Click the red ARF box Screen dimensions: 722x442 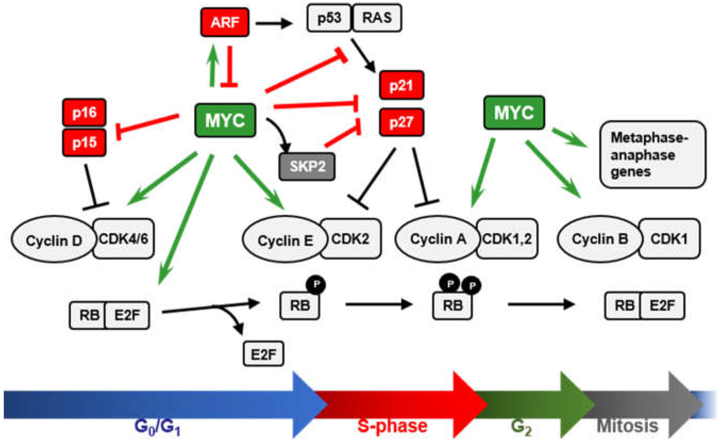pyautogui.click(x=225, y=22)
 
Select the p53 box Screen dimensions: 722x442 pyautogui.click(x=329, y=18)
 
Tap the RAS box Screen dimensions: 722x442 pyautogui.click(x=377, y=18)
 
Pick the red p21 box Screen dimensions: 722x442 pyautogui.click(x=402, y=85)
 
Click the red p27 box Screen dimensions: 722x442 pyautogui.click(x=402, y=122)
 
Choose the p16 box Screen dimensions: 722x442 pyautogui.click(x=85, y=112)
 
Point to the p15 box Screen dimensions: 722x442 pyautogui.click(x=85, y=142)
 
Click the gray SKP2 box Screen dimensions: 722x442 pyautogui.click(x=307, y=166)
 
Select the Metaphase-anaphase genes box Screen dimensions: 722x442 pyautogui.click(x=653, y=154)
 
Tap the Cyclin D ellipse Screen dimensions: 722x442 pyautogui.click(x=54, y=239)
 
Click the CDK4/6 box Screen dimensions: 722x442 pyautogui.click(x=124, y=239)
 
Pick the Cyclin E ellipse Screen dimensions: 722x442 pyautogui.click(x=285, y=239)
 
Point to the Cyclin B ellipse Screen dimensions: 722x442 pyautogui.click(x=599, y=239)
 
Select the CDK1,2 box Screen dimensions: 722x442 pyautogui.click(x=507, y=239)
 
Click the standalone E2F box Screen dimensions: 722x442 pyautogui.click(x=263, y=354)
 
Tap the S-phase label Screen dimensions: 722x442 pyautogui.click(x=392, y=426)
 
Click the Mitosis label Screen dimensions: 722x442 pyautogui.click(x=628, y=426)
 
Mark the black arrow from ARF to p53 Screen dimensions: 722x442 pyautogui.click(x=274, y=23)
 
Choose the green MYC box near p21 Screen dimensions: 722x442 pyautogui.click(x=514, y=112)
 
